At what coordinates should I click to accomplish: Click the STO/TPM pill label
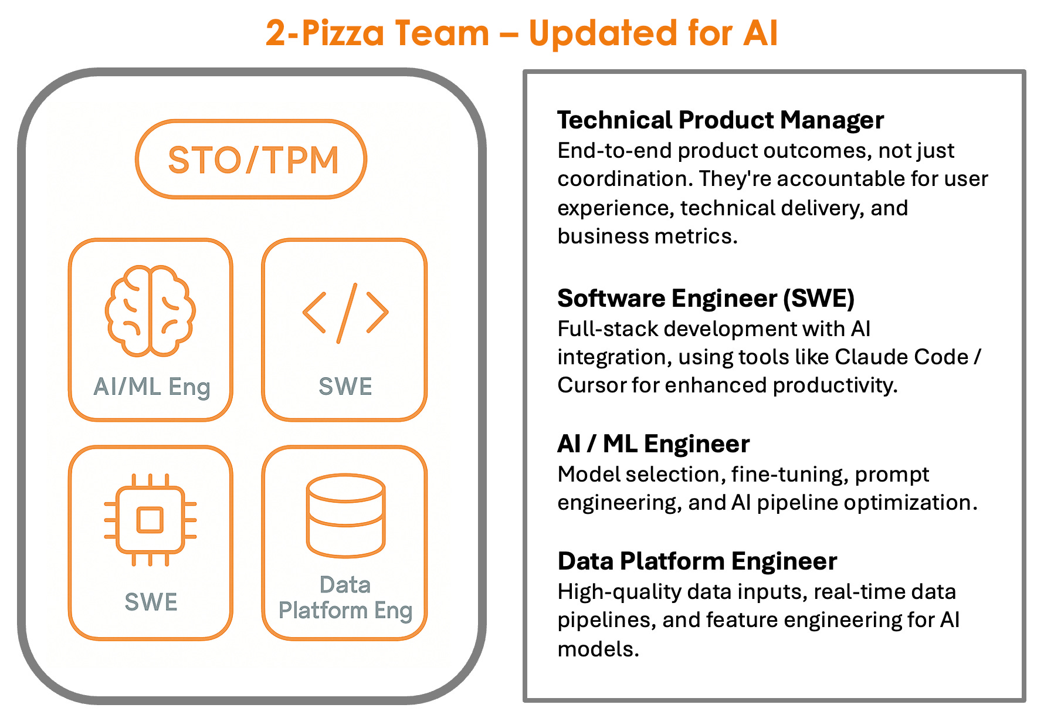[253, 160]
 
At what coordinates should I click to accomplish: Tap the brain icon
[150, 311]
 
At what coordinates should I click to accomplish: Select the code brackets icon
[345, 313]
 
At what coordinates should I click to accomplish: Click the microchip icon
[150, 520]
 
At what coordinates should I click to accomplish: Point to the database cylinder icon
[345, 515]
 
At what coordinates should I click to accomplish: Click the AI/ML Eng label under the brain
[152, 387]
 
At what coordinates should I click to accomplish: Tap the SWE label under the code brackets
[345, 387]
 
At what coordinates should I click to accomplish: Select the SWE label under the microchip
[151, 602]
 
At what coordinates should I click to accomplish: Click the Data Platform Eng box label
[345, 598]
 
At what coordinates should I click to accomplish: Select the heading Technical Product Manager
[720, 120]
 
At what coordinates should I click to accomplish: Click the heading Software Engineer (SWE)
[706, 299]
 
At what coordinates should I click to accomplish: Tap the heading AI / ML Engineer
[653, 444]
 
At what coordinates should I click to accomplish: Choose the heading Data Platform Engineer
[697, 561]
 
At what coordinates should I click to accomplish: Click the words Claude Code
[901, 357]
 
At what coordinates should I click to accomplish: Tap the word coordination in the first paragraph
[625, 179]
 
